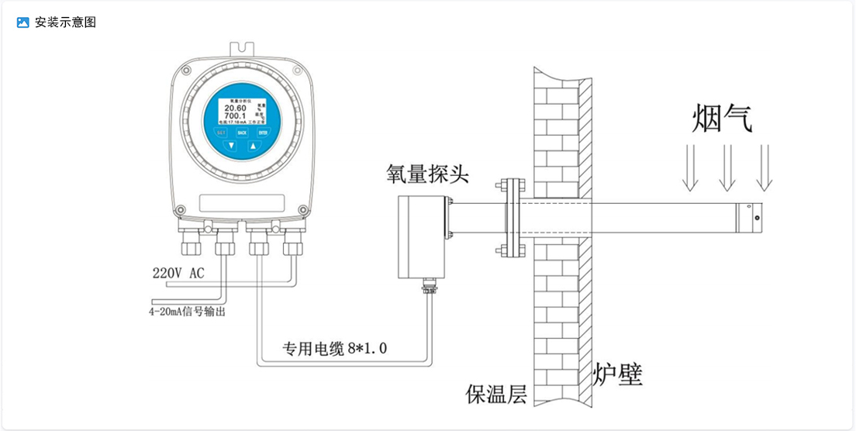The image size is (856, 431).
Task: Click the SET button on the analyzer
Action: pos(221,133)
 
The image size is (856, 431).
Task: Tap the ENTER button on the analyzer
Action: pos(263,133)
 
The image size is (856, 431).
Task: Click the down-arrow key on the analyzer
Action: pos(231,146)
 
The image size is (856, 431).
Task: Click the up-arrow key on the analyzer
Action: pos(252,146)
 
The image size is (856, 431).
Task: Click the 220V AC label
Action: pos(178,274)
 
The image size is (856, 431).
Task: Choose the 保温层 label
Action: pos(496,395)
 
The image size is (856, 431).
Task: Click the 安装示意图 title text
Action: pos(66,22)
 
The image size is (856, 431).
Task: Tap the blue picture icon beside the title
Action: pos(22,22)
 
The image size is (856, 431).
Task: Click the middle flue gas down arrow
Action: pos(727,167)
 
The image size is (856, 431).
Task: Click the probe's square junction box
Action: pos(423,236)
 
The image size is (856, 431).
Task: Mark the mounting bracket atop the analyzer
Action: pos(242,47)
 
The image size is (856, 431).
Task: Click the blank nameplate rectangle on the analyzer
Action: pos(242,204)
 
